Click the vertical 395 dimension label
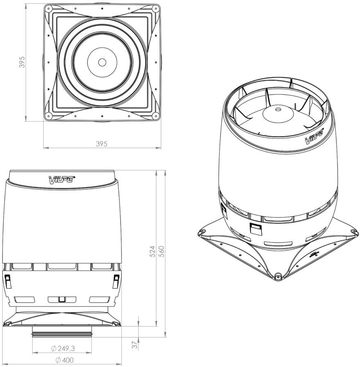(x=22, y=62)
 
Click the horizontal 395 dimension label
(x=102, y=144)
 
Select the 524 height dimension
(x=152, y=251)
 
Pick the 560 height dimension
(x=162, y=251)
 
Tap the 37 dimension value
(x=135, y=345)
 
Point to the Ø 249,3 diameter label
(x=63, y=349)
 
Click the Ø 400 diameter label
(x=65, y=360)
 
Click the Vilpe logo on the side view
(x=62, y=180)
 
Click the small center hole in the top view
(x=102, y=62)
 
